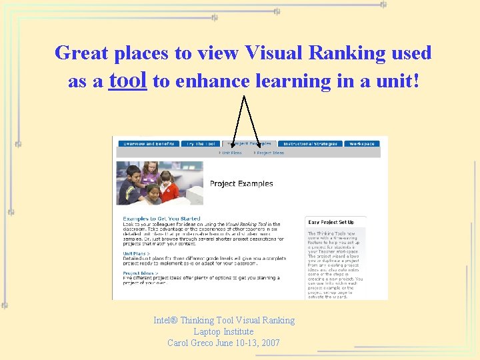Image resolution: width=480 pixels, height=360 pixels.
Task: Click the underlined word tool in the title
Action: pos(127,80)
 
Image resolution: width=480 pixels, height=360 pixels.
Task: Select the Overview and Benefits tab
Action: pos(149,143)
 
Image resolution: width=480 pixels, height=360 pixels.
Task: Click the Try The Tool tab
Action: pos(201,143)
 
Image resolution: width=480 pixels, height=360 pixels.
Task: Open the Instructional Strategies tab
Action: pos(310,143)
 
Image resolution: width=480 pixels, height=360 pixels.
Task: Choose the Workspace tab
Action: pos(362,143)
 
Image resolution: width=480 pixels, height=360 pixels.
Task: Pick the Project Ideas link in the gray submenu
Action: pos(269,153)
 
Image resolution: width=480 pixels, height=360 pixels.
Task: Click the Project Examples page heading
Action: pos(241,183)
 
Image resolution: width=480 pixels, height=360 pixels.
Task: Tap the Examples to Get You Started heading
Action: pos(161,219)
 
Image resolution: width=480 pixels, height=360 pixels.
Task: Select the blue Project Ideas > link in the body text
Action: pos(141,273)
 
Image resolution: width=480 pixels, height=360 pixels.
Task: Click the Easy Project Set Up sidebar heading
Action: pos(331,222)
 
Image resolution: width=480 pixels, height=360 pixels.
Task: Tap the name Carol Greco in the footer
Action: pos(191,343)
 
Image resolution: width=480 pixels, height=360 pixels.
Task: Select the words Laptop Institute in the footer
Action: pos(223,331)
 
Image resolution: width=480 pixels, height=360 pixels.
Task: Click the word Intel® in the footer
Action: pos(165,320)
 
